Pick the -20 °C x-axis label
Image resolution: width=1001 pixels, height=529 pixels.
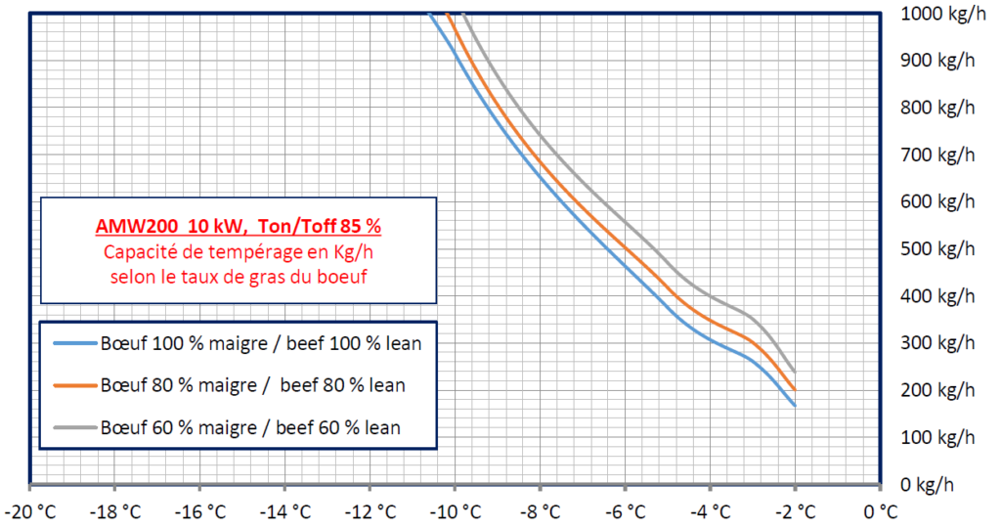click(x=30, y=511)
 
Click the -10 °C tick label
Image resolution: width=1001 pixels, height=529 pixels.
click(x=456, y=511)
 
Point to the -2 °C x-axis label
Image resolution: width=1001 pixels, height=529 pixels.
click(x=796, y=511)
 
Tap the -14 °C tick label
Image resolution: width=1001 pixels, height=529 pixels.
click(x=285, y=511)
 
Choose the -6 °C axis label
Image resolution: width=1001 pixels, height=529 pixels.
click(x=626, y=511)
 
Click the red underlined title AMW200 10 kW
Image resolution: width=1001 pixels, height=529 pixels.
click(x=238, y=226)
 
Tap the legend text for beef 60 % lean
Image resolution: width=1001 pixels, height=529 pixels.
click(x=338, y=427)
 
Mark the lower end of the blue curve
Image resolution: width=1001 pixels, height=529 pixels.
click(x=795, y=405)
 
